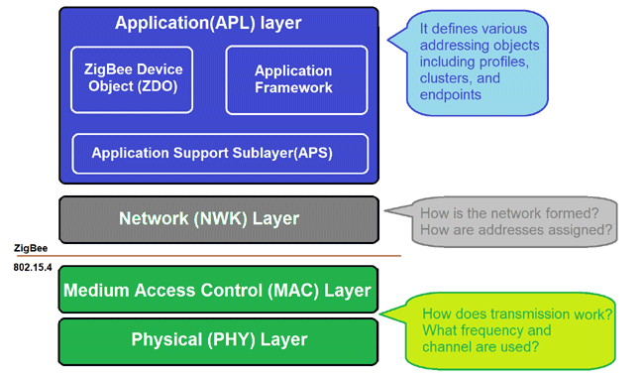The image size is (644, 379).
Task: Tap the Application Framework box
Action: [296, 78]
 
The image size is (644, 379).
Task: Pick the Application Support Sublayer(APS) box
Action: [220, 153]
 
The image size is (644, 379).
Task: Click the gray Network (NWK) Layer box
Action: [218, 218]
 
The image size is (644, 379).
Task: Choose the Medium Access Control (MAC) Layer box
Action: [218, 290]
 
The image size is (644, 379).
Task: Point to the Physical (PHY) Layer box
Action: [218, 339]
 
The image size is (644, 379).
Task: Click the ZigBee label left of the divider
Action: [31, 248]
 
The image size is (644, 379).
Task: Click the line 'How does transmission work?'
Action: [516, 314]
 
